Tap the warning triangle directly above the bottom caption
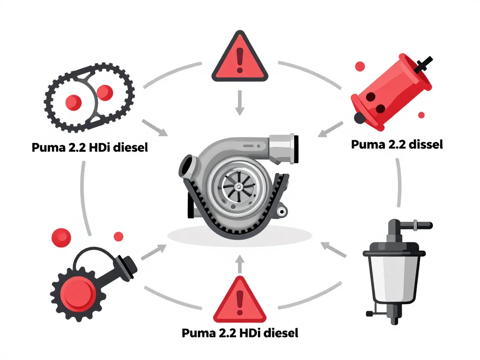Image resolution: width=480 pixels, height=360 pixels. pos(240,300)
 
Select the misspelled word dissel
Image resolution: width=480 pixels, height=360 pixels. pos(421,144)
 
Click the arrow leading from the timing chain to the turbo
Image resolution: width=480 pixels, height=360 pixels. pos(155,127)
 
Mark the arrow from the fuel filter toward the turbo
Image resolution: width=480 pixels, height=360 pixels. pos(333,249)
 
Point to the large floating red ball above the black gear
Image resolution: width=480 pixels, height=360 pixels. pos(61,237)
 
